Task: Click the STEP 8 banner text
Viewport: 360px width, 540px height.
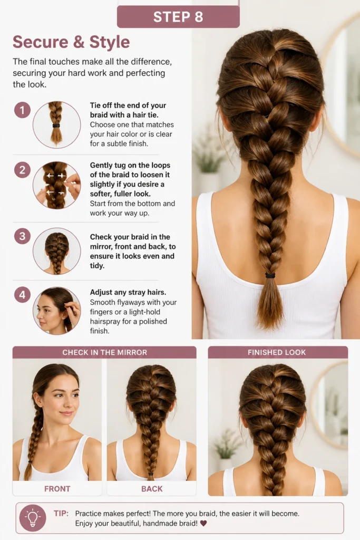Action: pos(178,17)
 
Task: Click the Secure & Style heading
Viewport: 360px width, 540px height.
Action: pos(71,42)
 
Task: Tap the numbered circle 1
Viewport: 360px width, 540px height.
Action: pos(22,110)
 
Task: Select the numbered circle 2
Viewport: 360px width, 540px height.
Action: pos(22,170)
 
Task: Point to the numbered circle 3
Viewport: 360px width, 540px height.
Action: pos(22,236)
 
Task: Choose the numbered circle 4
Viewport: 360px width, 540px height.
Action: pos(22,295)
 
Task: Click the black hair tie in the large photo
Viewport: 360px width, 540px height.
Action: pos(270,275)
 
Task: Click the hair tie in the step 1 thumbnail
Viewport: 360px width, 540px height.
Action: pos(56,126)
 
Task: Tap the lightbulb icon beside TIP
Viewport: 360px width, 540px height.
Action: pos(33,518)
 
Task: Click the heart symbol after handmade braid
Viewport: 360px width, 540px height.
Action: pos(203,524)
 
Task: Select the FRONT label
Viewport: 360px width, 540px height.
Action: pos(57,489)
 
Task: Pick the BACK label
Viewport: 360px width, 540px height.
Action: pos(152,489)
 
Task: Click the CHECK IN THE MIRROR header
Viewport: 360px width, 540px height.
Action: pos(105,352)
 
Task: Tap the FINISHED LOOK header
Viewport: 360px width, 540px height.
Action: pos(277,352)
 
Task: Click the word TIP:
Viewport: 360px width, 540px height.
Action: pos(61,514)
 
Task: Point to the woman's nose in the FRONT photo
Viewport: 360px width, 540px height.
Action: pos(70,403)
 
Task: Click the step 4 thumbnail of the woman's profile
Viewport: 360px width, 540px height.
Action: pos(57,311)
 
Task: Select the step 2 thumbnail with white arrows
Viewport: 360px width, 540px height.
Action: pos(57,185)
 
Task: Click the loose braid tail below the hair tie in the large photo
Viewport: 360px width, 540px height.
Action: pos(270,301)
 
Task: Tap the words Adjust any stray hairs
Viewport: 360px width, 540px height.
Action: pos(128,292)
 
